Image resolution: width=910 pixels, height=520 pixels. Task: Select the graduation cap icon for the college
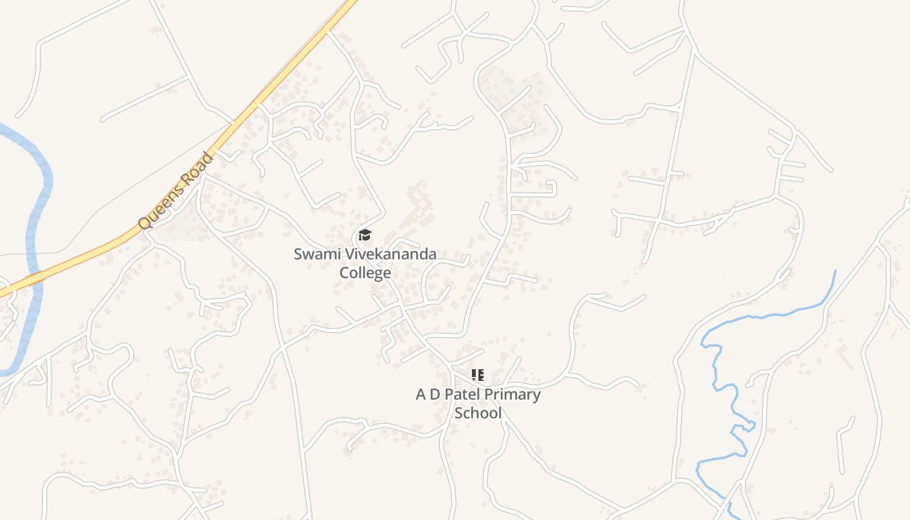pos(365,235)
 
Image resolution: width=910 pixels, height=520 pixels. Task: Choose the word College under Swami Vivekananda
pos(365,272)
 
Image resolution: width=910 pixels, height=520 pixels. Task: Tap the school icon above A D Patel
pos(478,375)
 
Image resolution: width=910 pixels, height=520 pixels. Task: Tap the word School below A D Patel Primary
pos(478,413)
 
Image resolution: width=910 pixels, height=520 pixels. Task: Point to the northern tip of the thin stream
pos(835,271)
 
